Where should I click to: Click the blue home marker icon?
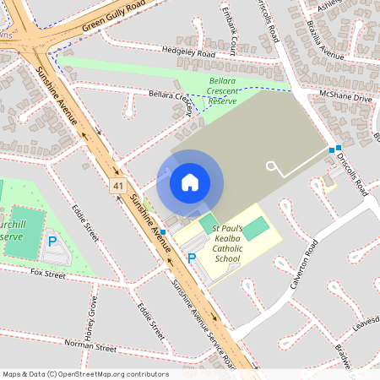[x=190, y=182]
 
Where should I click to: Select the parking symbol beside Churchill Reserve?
[x=52, y=242]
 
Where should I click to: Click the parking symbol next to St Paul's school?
[x=192, y=258]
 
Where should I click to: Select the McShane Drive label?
[x=345, y=97]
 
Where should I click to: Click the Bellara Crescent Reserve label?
[x=223, y=90]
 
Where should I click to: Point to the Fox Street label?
[x=47, y=274]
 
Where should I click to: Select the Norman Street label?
[x=90, y=346]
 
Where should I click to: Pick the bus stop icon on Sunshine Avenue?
[x=163, y=231]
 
